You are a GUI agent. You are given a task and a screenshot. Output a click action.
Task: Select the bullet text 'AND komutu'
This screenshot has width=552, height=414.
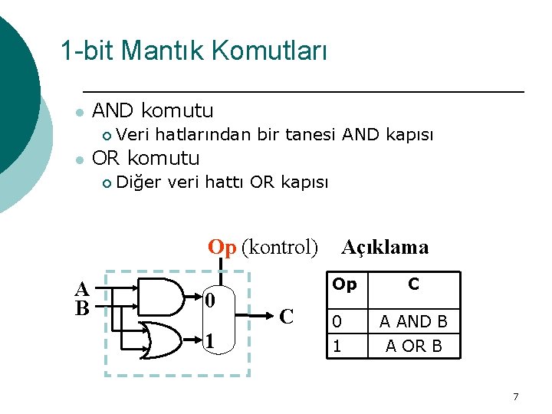tap(153, 111)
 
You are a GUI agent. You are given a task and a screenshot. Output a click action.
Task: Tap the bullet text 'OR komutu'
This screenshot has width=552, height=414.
tap(146, 159)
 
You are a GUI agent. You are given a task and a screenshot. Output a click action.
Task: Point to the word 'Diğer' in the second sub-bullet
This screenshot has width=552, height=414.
tap(139, 182)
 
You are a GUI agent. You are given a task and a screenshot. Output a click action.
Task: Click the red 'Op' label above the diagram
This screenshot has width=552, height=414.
tap(222, 247)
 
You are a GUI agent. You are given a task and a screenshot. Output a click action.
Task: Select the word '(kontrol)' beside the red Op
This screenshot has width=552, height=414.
tap(279, 247)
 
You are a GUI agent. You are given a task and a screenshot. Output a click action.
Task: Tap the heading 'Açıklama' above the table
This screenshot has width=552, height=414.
tap(385, 247)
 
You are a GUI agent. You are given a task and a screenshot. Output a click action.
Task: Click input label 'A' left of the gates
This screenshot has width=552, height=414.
tap(82, 290)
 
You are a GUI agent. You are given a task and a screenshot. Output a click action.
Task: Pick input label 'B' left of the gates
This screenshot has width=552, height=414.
tap(82, 308)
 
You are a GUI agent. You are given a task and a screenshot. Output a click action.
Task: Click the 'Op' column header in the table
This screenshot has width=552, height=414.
tap(344, 284)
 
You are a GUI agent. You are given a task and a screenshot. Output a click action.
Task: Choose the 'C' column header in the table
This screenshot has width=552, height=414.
tap(414, 284)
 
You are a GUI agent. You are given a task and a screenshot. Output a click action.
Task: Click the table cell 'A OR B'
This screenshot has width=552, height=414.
tap(414, 346)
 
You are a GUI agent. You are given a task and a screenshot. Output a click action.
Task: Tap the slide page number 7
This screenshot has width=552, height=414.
tap(515, 396)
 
